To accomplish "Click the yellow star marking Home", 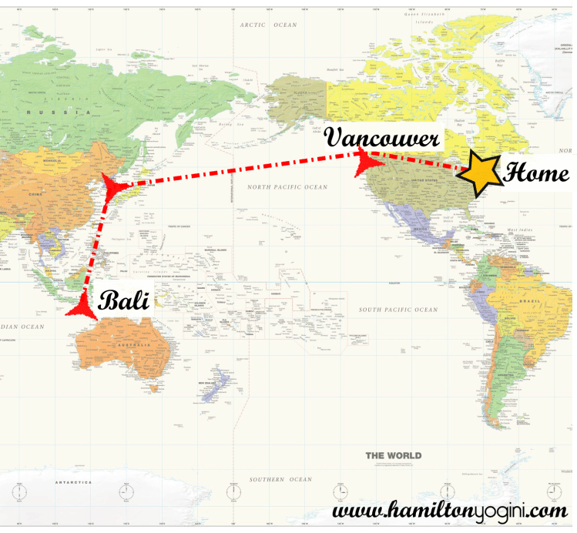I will tap(478, 173).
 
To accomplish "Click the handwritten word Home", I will tap(535, 173).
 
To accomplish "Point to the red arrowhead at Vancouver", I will tap(364, 156).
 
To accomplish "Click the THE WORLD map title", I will tap(393, 455).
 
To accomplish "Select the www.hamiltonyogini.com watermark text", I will tap(450, 510).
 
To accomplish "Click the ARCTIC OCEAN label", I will tap(267, 25).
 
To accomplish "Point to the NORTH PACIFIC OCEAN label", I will tap(287, 187).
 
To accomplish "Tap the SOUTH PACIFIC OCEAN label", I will tap(398, 310).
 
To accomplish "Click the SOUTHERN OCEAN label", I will tap(280, 479).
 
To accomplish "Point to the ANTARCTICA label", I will tap(73, 483).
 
